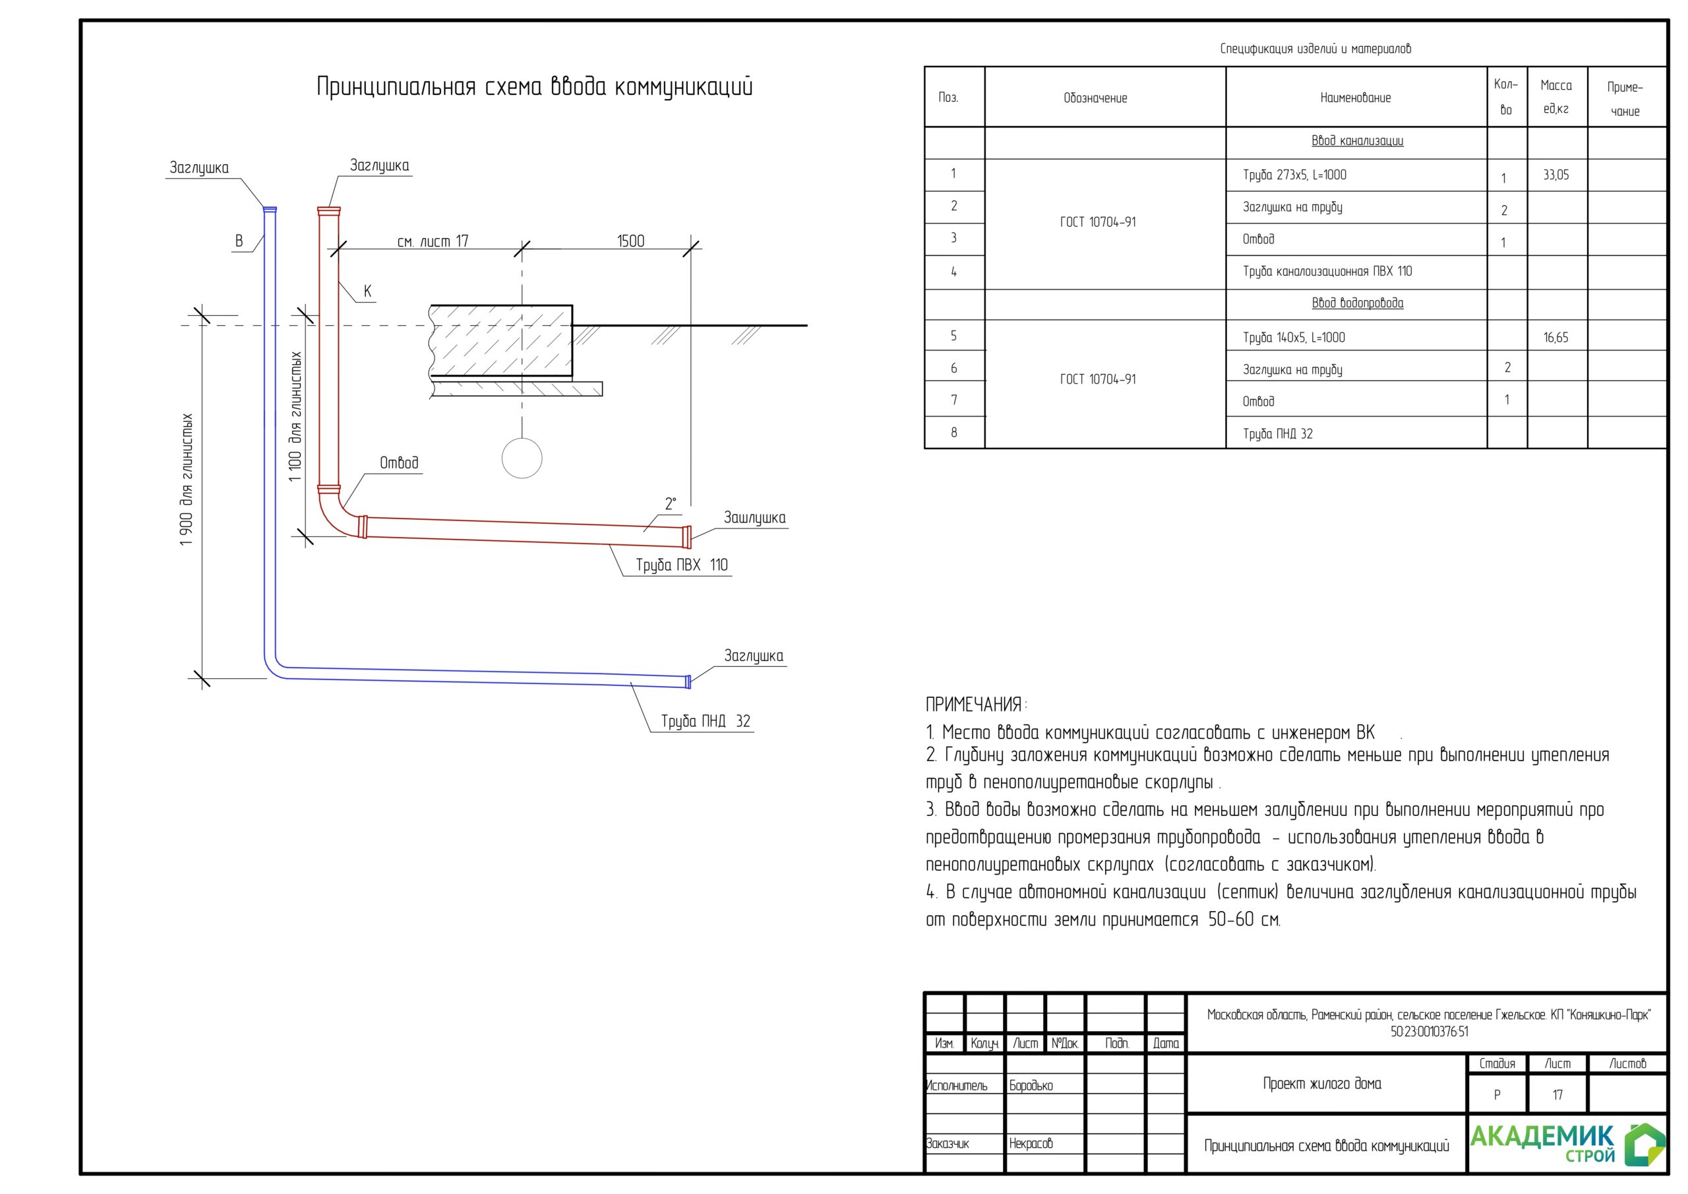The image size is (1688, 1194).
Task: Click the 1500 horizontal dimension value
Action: click(630, 241)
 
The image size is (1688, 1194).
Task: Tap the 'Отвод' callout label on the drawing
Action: click(398, 462)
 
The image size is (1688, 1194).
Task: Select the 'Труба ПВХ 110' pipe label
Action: click(682, 565)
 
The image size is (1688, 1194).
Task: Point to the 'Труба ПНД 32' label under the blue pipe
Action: click(705, 721)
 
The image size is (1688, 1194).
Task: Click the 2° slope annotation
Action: click(671, 504)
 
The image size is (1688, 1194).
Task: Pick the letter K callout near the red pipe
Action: click(367, 292)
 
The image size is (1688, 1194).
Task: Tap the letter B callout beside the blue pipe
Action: click(239, 241)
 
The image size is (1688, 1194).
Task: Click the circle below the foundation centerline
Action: click(522, 458)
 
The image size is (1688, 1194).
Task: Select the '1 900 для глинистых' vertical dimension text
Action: click(186, 480)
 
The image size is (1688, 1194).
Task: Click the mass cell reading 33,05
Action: click(1555, 175)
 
